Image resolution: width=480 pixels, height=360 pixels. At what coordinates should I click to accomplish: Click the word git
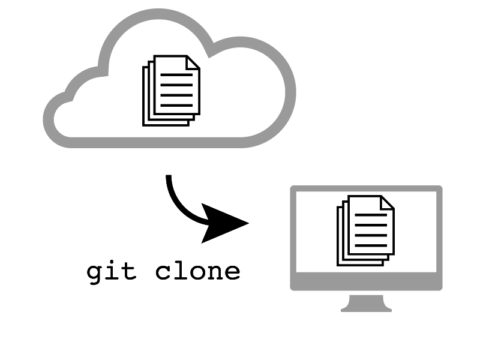pos(112,272)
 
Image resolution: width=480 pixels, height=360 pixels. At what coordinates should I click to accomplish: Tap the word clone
pos(197,271)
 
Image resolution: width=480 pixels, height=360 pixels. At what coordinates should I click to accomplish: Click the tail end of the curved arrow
pos(169,178)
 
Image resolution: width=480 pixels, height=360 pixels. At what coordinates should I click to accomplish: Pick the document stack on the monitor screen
pos(365,230)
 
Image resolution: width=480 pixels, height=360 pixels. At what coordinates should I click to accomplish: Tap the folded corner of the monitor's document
pos(388,202)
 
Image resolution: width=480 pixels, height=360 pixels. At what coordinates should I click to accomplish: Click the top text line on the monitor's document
pos(371,215)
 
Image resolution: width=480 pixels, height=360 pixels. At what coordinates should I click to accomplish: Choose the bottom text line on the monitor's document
pos(371,245)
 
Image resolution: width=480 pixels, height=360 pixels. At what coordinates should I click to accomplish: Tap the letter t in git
pos(129,271)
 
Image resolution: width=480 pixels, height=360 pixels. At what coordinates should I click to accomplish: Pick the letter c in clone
pos(164,272)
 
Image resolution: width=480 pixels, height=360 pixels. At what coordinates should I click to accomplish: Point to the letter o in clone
pos(197,272)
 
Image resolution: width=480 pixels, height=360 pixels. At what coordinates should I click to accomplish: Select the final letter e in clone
pos(232,272)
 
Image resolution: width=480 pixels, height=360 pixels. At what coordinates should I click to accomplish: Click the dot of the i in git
pos(112,262)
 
